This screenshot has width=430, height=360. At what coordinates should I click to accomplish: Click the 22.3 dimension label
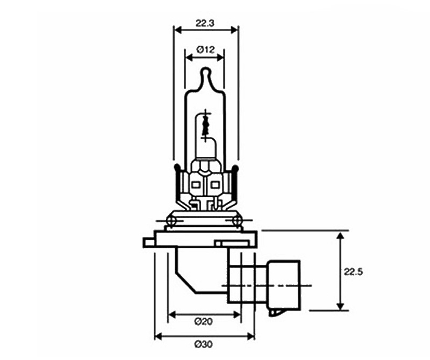pos(205,23)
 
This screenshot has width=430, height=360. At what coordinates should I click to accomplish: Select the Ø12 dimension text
pos(205,49)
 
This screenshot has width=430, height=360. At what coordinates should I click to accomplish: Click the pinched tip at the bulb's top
pos(205,73)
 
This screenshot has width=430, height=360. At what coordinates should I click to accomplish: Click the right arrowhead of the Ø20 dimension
pos(238,313)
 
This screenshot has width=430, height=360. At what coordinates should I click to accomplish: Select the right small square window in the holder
pos(215,185)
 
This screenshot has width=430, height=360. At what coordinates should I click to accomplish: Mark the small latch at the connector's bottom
pos(277,310)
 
